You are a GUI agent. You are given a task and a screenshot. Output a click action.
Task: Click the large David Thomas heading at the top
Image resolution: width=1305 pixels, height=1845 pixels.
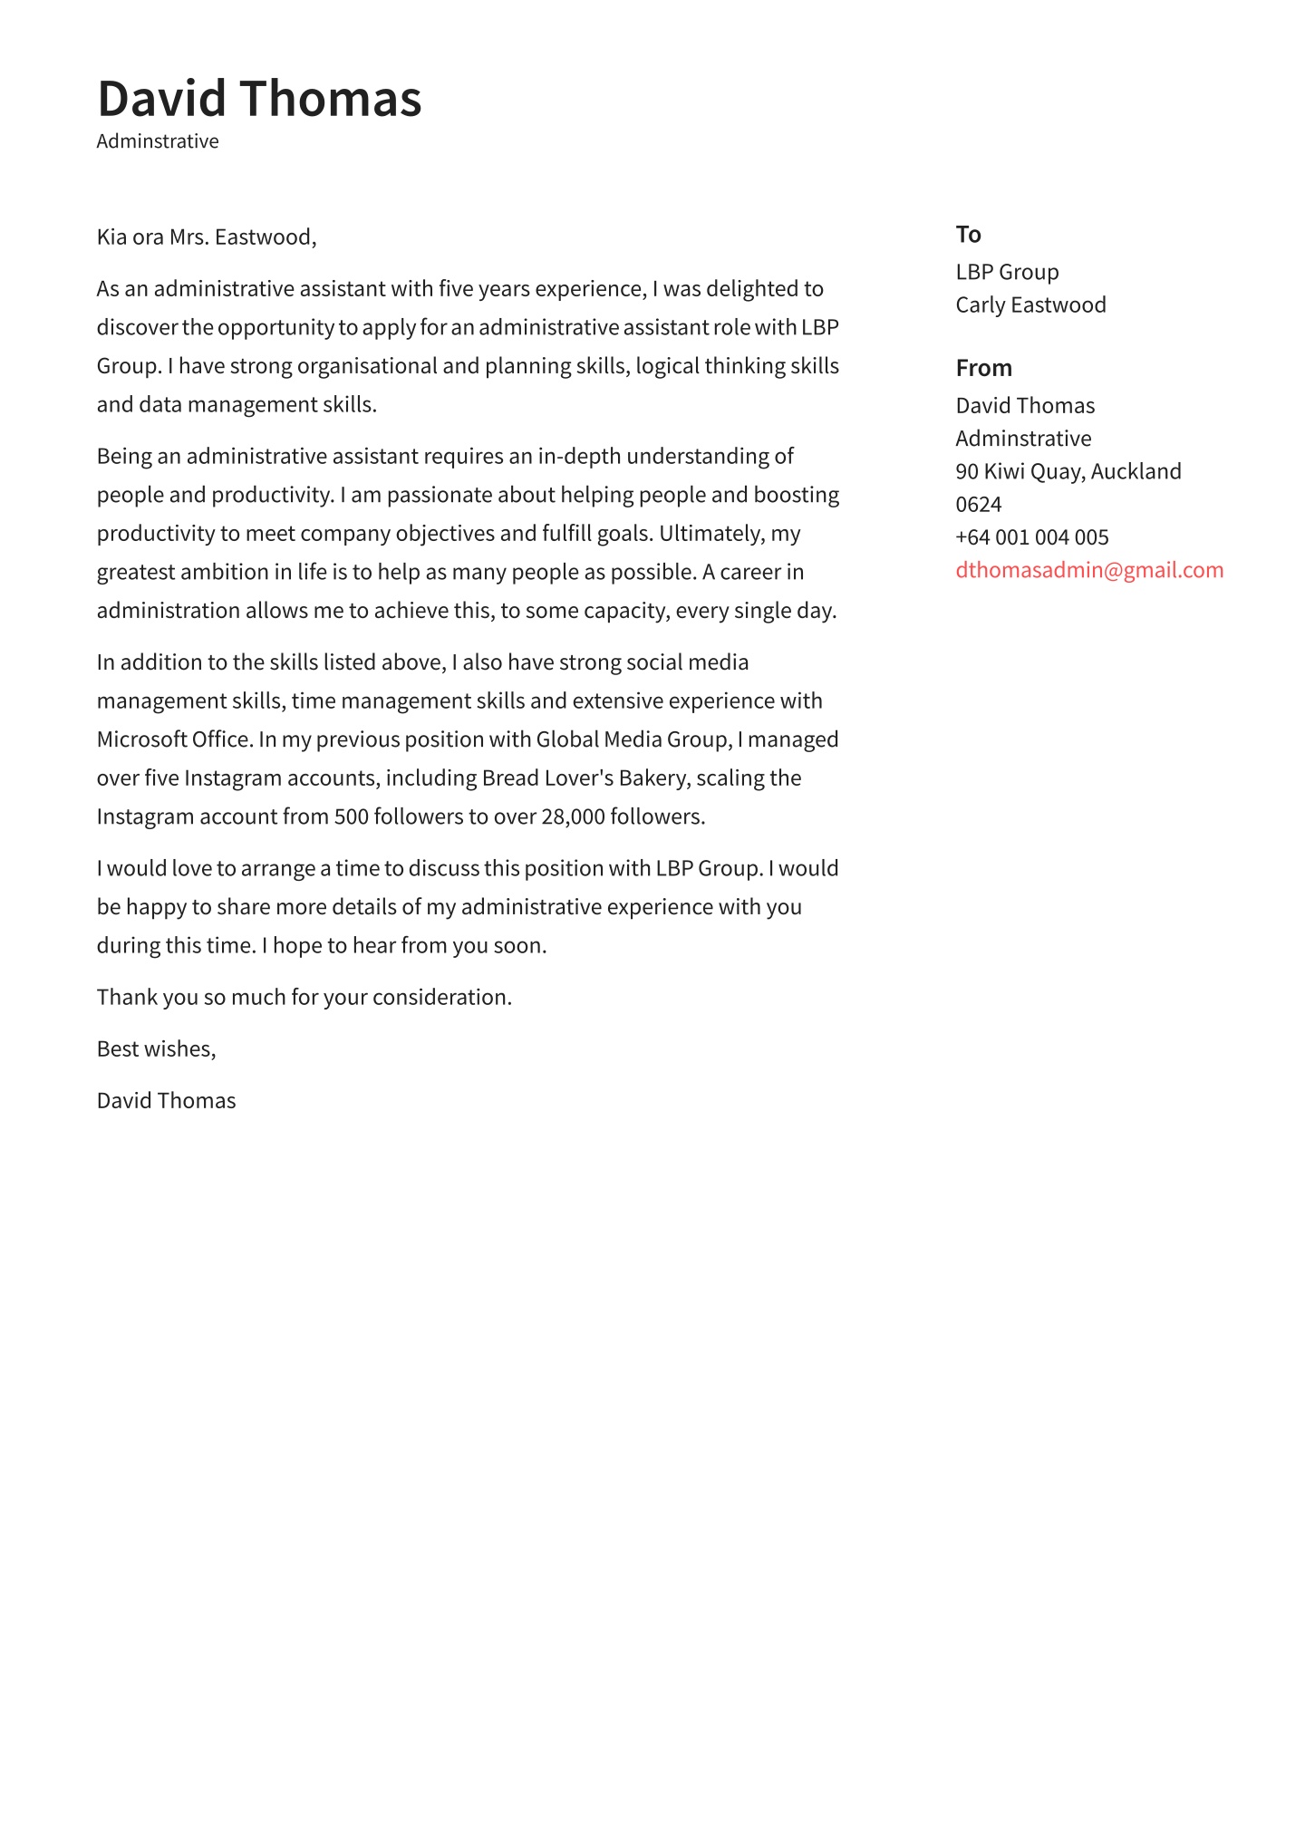[259, 99]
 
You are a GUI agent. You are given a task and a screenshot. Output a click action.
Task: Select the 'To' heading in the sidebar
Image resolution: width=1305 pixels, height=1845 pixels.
[968, 235]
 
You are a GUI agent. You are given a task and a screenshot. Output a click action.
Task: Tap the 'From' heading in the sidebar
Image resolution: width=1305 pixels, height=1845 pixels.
[983, 368]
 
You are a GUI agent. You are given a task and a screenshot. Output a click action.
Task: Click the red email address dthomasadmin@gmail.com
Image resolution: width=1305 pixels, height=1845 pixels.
[1088, 570]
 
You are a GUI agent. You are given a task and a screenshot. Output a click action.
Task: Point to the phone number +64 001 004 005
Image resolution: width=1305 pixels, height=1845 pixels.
[1031, 537]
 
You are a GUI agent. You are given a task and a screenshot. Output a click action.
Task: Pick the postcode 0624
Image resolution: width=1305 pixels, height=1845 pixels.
[978, 505]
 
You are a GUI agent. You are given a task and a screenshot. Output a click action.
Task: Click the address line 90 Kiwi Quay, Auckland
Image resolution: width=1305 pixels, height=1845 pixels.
[1068, 471]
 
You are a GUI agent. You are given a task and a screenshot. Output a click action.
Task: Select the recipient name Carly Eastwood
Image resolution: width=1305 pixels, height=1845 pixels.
[1030, 304]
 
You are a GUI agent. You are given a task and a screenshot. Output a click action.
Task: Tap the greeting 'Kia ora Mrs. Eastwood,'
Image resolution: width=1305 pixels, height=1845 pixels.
[207, 237]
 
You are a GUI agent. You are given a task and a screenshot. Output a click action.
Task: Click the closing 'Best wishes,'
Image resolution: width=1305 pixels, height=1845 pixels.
[156, 1049]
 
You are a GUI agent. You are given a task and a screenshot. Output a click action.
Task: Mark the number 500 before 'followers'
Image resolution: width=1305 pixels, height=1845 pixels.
[351, 817]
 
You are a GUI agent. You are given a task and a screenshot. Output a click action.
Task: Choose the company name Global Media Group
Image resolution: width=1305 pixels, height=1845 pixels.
[633, 739]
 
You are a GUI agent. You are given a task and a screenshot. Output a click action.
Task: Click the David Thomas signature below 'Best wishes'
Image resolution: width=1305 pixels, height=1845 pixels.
[166, 1101]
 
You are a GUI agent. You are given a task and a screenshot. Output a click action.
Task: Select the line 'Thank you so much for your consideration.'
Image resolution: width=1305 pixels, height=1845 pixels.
[304, 998]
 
